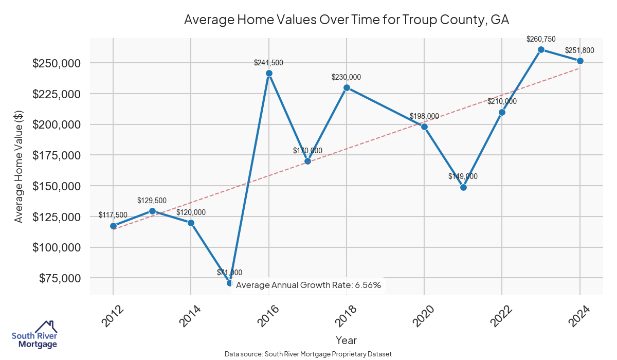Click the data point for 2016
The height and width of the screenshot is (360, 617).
[x=269, y=73]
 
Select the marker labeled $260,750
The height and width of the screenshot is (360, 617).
[x=541, y=49]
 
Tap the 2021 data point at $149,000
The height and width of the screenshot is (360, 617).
[x=463, y=187]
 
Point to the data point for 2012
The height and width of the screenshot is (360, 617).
[x=113, y=226]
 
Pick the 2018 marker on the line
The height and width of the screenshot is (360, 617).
[x=347, y=87]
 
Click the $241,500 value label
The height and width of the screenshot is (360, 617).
[x=268, y=63]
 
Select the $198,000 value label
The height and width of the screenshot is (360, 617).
[x=424, y=116]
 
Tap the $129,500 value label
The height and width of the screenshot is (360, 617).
[x=152, y=201]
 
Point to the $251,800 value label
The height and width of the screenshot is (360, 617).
[x=579, y=50]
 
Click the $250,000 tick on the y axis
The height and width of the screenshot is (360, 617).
[x=57, y=63]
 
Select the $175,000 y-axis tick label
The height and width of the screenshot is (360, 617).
[x=57, y=155]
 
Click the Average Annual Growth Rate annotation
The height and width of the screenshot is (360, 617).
[x=308, y=285]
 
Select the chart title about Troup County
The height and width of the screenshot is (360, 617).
[x=346, y=20]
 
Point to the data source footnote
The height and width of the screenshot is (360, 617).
[x=308, y=354]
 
